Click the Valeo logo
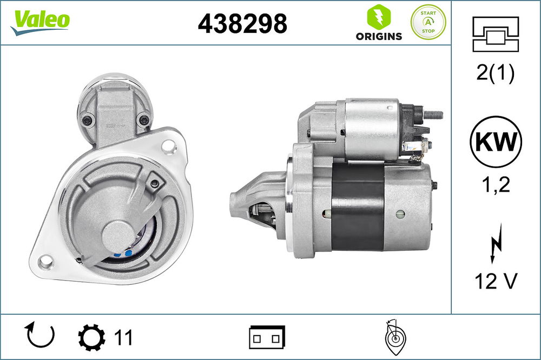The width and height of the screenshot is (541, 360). tap(40, 22)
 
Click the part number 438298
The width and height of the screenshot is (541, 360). tap(242, 23)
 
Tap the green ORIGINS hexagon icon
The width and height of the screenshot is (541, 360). tap(379, 17)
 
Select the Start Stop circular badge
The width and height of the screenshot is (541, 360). tap(428, 22)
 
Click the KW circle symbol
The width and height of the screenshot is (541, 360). tap(496, 142)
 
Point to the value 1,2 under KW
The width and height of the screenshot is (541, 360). tap(496, 185)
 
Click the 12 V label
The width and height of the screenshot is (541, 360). tap(496, 281)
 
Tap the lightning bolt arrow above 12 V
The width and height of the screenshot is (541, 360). tap(496, 244)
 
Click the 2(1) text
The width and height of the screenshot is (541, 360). tap(496, 73)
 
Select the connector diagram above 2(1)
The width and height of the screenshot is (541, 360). tap(496, 34)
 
